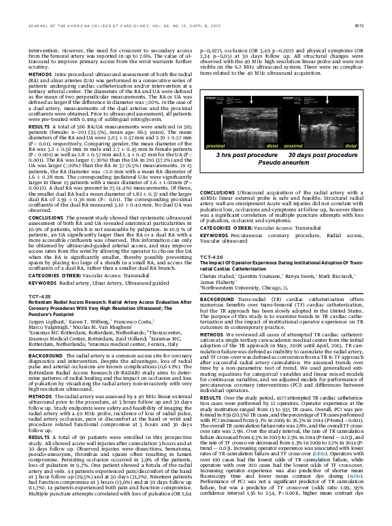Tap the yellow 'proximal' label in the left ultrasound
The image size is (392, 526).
[x=216, y=145]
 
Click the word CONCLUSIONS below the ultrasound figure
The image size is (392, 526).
[x=216, y=174]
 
